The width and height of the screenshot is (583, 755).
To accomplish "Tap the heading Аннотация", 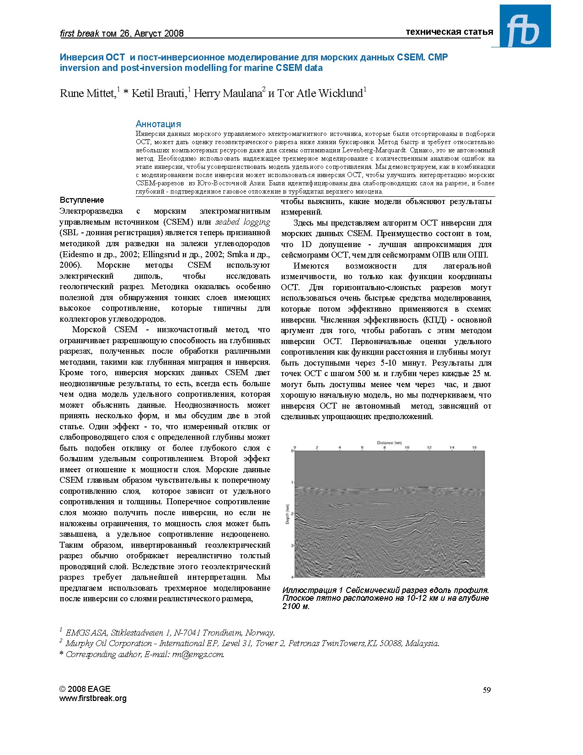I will [158, 124].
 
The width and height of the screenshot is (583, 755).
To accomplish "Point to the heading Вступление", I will [82, 200].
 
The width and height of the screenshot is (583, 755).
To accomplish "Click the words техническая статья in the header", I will [449, 32].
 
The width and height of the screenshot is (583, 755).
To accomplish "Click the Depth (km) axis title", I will [287, 514].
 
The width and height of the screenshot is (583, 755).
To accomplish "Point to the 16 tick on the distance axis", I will [474, 447].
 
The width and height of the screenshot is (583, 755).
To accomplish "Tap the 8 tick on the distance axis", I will [385, 447].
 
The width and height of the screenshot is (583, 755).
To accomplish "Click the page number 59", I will [487, 690].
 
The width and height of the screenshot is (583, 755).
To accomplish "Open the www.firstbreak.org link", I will [93, 698].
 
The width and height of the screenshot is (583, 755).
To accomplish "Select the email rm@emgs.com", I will [198, 654].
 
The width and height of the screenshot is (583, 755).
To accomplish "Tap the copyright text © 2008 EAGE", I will [85, 689].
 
